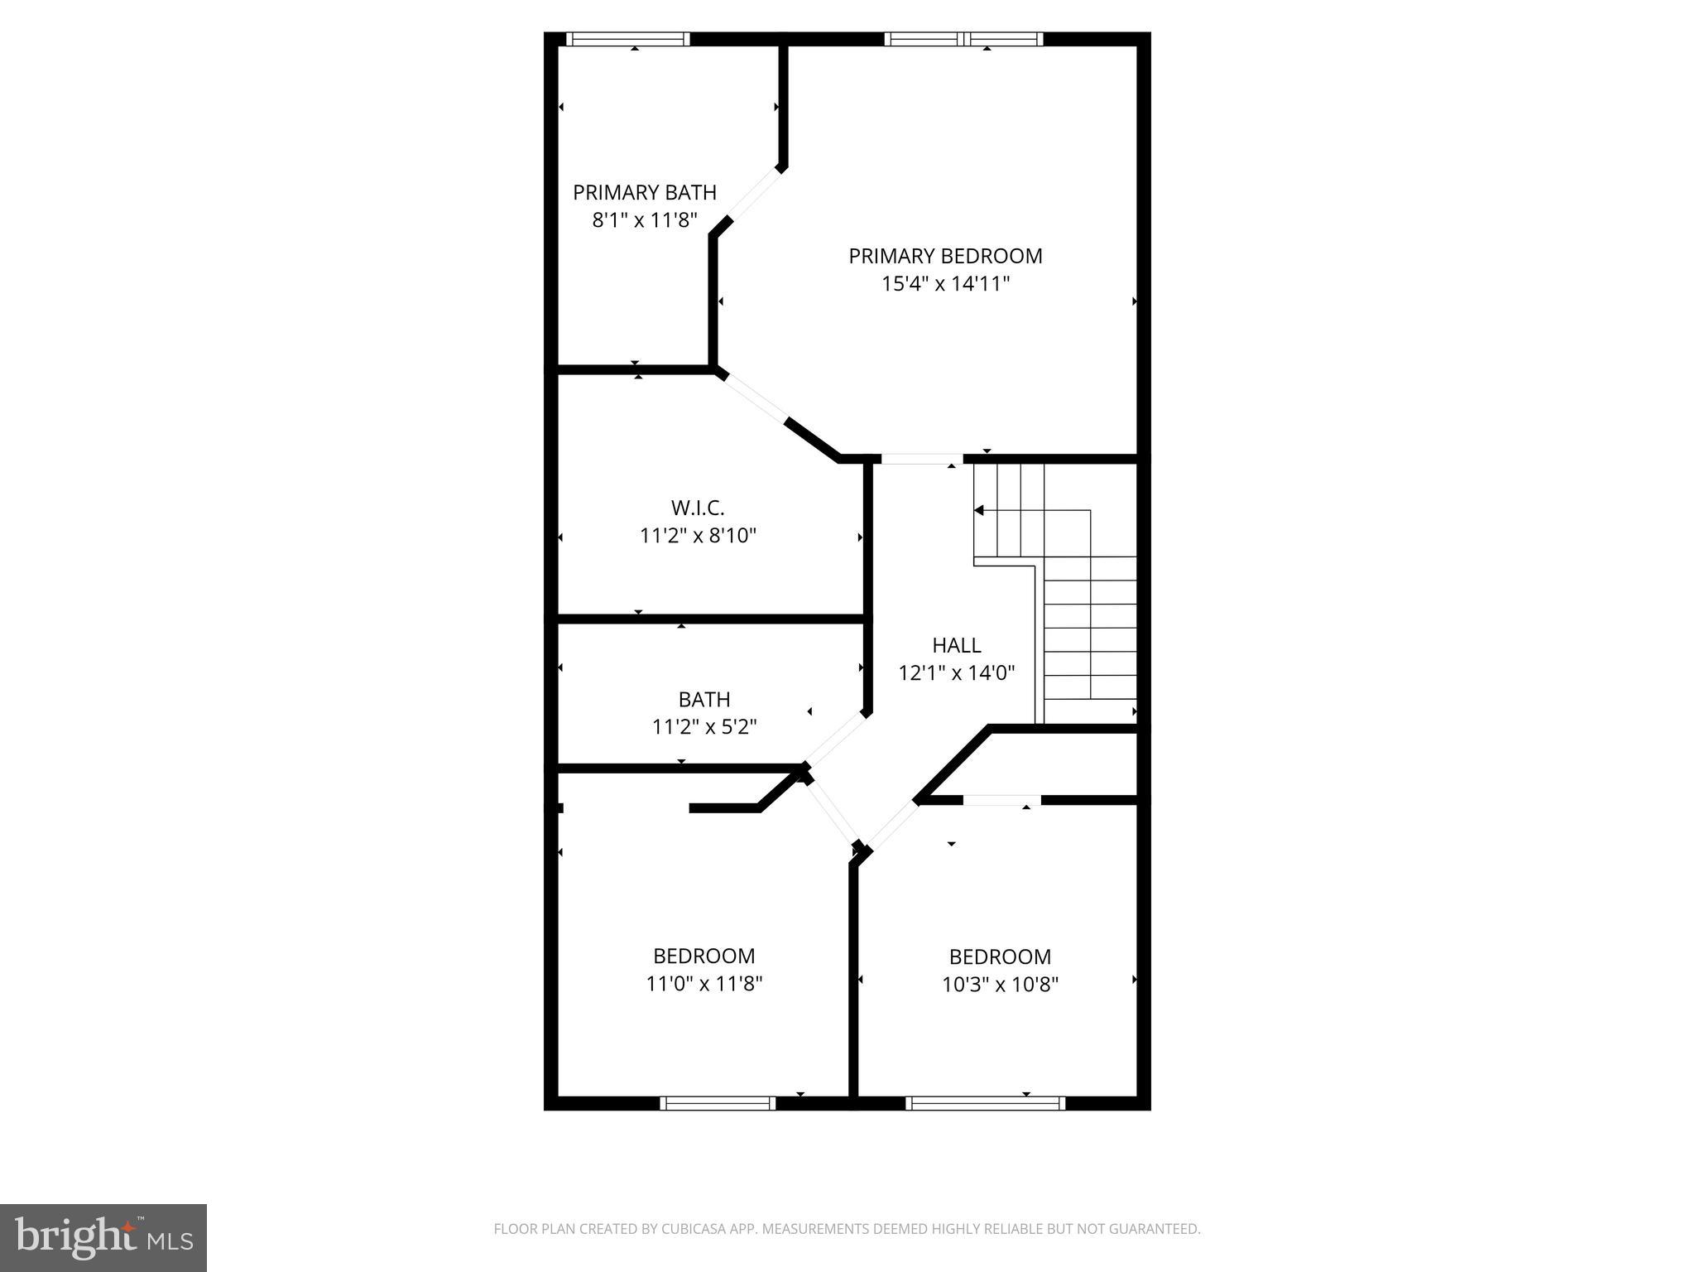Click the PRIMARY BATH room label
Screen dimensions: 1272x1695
point(644,192)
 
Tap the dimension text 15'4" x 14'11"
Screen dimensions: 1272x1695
point(945,284)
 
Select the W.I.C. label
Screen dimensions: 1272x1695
point(698,508)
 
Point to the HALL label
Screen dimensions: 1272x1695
point(956,645)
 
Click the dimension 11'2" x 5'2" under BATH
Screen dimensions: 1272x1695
point(704,727)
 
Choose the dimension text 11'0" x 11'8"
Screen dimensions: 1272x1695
point(703,984)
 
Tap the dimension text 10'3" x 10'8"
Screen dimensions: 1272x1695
point(1000,985)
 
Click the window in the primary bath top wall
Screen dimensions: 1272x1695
point(627,39)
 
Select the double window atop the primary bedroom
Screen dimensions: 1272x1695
point(963,39)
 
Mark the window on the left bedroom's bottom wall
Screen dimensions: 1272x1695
point(718,1103)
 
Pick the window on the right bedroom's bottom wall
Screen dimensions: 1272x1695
point(985,1103)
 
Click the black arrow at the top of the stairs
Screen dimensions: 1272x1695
point(979,510)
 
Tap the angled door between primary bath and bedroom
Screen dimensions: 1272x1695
point(753,195)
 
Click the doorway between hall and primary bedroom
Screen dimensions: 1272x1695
point(921,459)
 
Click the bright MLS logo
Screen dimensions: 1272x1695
point(103,1237)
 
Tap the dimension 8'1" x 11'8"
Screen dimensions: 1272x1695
point(645,220)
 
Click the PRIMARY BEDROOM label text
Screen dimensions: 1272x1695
point(945,256)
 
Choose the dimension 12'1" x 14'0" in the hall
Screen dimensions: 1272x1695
point(956,672)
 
